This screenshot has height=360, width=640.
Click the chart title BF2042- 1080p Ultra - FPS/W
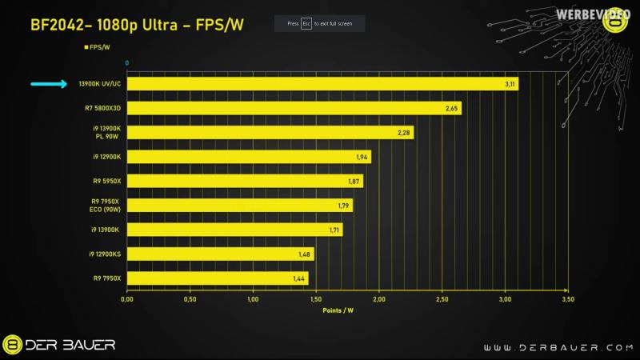(x=137, y=25)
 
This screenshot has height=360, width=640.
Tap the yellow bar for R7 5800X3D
(x=294, y=108)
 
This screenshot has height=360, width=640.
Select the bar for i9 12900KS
(x=220, y=254)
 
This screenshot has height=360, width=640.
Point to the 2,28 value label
(x=405, y=133)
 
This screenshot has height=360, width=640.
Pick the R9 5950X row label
(x=106, y=182)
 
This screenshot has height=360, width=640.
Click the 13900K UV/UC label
(x=100, y=84)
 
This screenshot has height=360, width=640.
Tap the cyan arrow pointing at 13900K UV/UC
(x=49, y=84)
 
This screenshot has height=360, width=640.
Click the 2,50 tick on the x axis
(x=442, y=300)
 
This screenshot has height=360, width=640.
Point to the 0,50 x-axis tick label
(x=190, y=300)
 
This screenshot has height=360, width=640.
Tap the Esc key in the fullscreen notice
(x=306, y=24)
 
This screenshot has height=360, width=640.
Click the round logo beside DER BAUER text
(x=12, y=345)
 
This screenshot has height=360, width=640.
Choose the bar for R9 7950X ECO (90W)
(x=239, y=206)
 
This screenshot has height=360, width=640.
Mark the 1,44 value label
(x=299, y=279)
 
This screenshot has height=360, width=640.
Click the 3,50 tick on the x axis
(x=568, y=300)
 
